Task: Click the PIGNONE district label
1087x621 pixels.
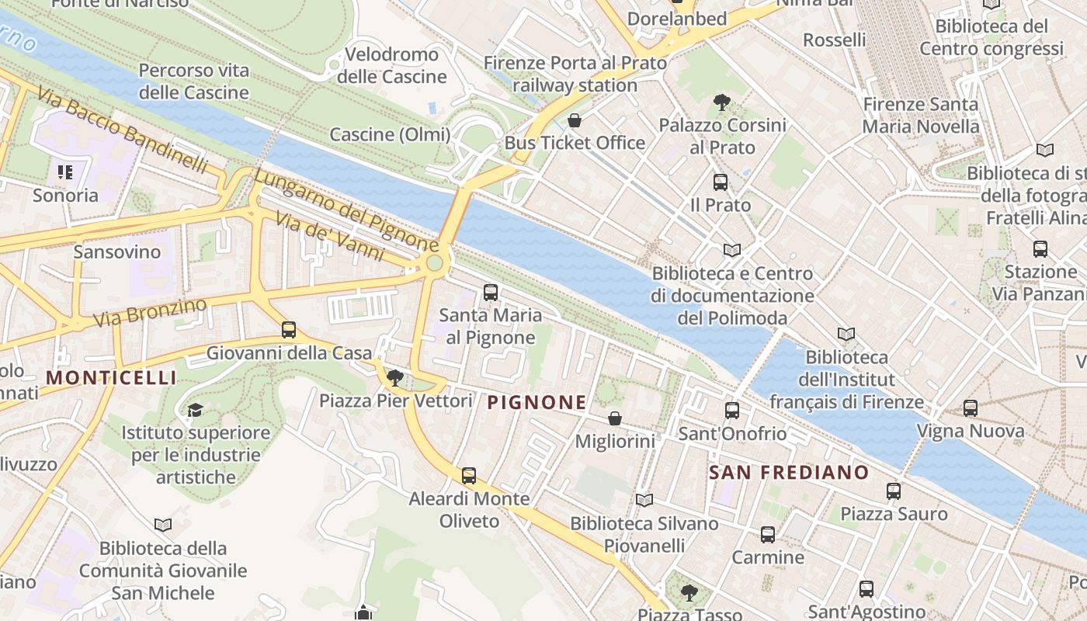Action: tap(537, 402)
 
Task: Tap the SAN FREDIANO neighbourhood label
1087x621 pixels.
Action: tap(789, 472)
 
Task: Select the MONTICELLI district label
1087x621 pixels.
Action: tap(111, 378)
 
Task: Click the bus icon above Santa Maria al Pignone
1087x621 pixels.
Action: tap(491, 293)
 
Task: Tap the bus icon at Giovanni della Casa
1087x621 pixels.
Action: tap(289, 330)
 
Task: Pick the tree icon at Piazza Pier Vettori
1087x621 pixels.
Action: tap(395, 378)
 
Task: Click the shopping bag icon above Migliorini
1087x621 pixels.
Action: tap(615, 418)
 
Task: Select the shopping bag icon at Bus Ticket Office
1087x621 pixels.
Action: tap(575, 120)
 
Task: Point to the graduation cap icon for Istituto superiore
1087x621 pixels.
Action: tap(195, 410)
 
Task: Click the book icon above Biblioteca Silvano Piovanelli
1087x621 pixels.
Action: tap(644, 500)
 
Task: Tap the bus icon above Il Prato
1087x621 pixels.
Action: tap(721, 182)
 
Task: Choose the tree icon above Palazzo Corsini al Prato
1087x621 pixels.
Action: tap(721, 102)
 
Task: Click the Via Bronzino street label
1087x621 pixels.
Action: tap(150, 312)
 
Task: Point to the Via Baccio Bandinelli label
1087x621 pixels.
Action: tap(122, 130)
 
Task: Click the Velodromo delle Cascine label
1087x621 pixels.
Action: tap(392, 65)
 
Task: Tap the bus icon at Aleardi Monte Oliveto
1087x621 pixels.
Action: tap(469, 476)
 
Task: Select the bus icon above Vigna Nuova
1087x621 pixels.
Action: tap(971, 408)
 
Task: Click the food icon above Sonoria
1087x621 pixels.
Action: tap(65, 172)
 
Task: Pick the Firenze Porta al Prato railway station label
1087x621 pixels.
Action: tap(575, 74)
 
